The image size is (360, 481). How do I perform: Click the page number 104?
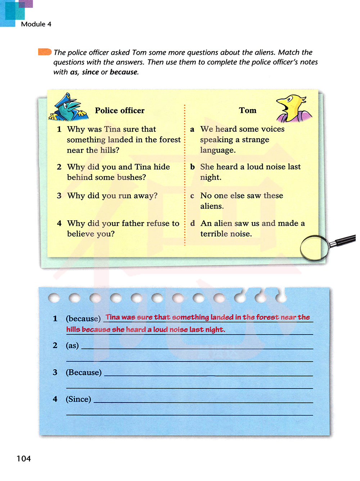click(24, 459)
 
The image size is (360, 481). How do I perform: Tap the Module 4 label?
click(36, 24)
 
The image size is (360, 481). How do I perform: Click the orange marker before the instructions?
click(45, 52)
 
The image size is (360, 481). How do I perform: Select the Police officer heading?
click(120, 111)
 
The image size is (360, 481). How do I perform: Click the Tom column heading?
click(248, 111)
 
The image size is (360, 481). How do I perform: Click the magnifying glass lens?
click(314, 248)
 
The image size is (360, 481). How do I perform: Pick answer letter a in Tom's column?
click(192, 129)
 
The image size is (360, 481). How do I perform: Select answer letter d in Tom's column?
click(193, 224)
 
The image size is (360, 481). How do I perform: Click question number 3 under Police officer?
click(59, 196)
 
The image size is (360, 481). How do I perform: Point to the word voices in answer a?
click(273, 129)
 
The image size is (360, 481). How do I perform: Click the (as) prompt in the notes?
click(72, 346)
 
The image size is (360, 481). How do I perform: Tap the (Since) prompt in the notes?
click(78, 399)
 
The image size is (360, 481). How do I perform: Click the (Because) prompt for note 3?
click(84, 372)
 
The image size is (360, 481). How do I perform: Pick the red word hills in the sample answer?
click(73, 329)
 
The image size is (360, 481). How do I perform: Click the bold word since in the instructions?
click(90, 72)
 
